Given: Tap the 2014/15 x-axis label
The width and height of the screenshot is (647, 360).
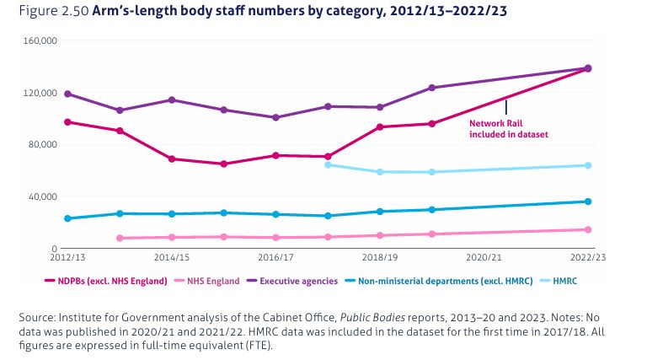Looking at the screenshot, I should coord(171,256).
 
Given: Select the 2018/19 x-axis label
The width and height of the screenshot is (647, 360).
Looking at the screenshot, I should coord(381,256).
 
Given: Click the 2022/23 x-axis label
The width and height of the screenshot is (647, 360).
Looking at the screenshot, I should coord(589,256).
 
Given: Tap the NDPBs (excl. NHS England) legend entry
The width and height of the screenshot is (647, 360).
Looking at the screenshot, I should coord(108,280).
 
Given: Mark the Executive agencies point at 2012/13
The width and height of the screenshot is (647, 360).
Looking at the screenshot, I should coord(67,94).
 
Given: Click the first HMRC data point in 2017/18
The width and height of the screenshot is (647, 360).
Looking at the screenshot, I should coord(328,165).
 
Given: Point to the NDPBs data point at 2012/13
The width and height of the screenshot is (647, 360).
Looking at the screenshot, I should coord(67,121).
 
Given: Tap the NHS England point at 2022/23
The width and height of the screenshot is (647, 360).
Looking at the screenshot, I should coord(588,229).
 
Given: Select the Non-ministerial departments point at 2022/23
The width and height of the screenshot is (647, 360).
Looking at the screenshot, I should coord(588,201).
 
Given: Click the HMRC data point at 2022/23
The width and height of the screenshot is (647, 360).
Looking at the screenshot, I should coord(588,165).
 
